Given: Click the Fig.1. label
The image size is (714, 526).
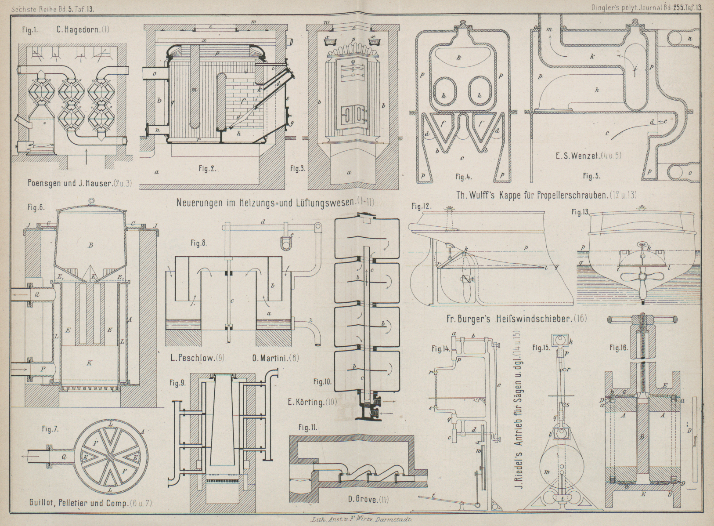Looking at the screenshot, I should pos(30,31).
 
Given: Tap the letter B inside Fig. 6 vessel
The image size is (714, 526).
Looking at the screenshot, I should pos(90,245).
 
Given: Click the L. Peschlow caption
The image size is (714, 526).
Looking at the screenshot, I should pos(191,359).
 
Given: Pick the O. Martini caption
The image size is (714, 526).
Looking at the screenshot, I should pos(270,359).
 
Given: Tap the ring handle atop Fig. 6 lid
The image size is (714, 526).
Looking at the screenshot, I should pos(91,202).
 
